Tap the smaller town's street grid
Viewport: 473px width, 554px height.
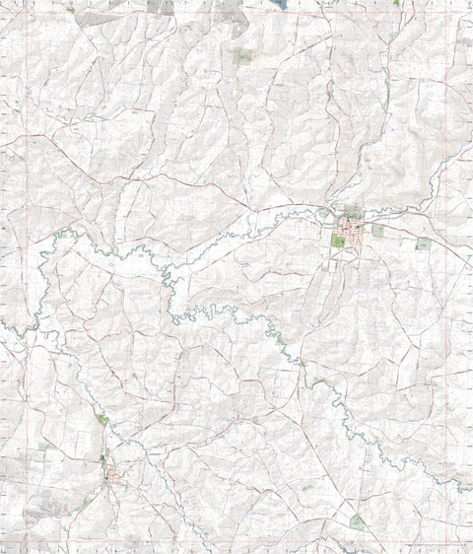click(116, 478)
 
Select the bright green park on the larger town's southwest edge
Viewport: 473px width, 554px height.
click(339, 241)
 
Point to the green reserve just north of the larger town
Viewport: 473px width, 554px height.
click(352, 212)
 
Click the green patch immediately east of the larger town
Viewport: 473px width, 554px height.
click(377, 231)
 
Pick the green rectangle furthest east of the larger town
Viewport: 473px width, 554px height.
click(423, 242)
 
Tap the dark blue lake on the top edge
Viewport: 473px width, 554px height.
click(281, 4)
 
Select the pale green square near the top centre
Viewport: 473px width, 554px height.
click(242, 56)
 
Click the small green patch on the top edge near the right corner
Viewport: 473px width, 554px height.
click(396, 3)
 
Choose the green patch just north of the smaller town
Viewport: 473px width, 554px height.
click(102, 421)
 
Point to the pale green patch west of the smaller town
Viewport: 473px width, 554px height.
click(43, 447)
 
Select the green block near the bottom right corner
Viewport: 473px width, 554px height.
click(357, 521)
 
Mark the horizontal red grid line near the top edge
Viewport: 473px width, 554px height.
click(236, 17)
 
